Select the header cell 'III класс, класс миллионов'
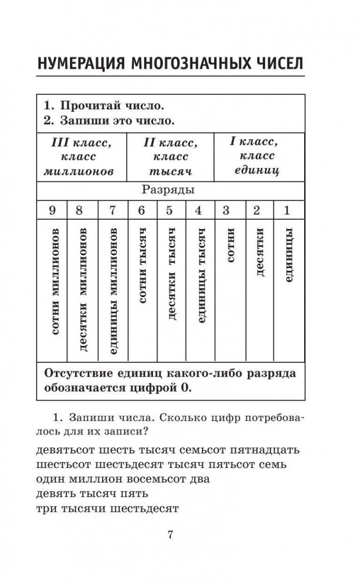[x=81, y=156]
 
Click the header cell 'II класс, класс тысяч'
[x=170, y=156]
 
